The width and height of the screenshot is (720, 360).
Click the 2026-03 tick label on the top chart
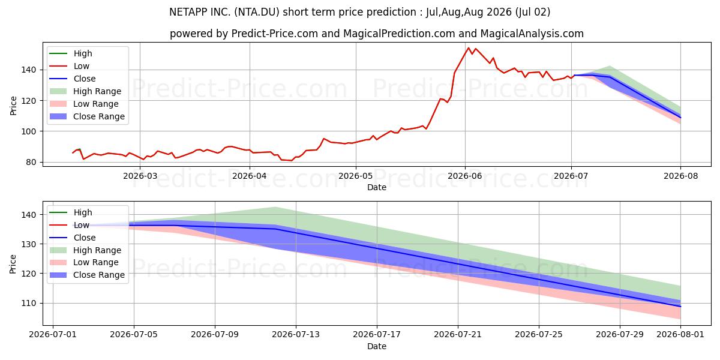(140, 176)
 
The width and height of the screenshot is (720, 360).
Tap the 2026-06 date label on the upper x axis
(465, 176)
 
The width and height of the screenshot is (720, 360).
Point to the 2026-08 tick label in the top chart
(681, 176)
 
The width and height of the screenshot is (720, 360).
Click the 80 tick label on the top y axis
(31, 163)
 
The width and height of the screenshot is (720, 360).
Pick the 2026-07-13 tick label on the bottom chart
(296, 335)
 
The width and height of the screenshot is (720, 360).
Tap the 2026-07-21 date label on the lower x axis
(458, 335)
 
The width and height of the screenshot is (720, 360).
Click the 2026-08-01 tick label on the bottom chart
(680, 335)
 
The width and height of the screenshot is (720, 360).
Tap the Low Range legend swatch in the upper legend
(58, 104)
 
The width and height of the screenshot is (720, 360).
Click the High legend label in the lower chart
(83, 212)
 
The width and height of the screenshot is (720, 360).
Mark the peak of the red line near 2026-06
(469, 48)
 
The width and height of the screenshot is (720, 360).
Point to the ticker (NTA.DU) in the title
(257, 12)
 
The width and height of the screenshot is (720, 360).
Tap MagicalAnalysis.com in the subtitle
(532, 34)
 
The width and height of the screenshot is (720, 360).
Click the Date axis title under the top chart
(377, 187)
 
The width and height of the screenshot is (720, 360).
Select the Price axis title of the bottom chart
(13, 264)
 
